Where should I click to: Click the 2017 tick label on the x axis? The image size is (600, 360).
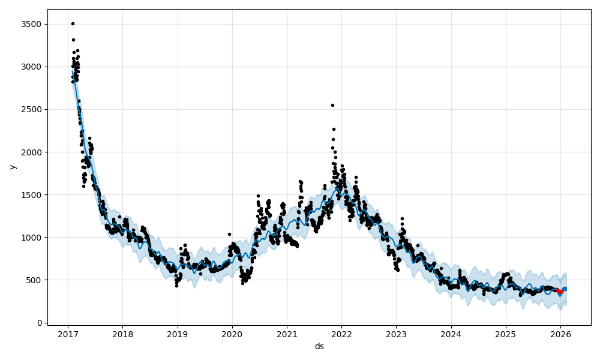click(68, 335)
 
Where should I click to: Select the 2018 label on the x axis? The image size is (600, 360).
click(122, 335)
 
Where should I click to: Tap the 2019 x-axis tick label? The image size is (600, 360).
click(177, 335)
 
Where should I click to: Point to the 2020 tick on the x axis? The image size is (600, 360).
click(232, 335)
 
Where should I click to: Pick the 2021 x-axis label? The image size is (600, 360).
click(287, 335)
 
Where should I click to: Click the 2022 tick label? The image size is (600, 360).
click(341, 335)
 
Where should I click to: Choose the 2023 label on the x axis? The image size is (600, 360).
click(396, 335)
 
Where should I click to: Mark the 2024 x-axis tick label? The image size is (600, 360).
click(451, 335)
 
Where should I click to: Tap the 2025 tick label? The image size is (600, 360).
click(506, 335)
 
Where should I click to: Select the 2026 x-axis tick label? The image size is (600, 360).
click(560, 335)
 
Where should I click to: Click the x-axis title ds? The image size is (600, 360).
click(319, 346)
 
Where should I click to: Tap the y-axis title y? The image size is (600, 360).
click(13, 167)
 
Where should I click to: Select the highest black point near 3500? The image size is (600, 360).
click(73, 23)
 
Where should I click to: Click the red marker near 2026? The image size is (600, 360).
click(560, 292)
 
